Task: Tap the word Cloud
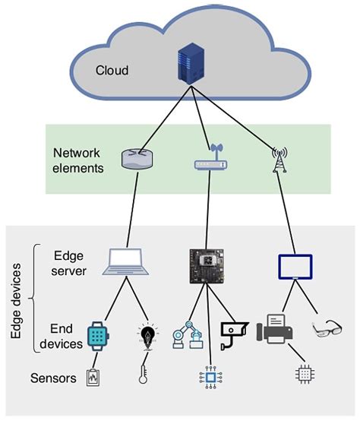coord(112,71)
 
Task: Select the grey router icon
coord(137,158)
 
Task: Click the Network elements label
coord(78,160)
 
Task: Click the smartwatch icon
coord(96,335)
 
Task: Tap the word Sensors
coord(54,377)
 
